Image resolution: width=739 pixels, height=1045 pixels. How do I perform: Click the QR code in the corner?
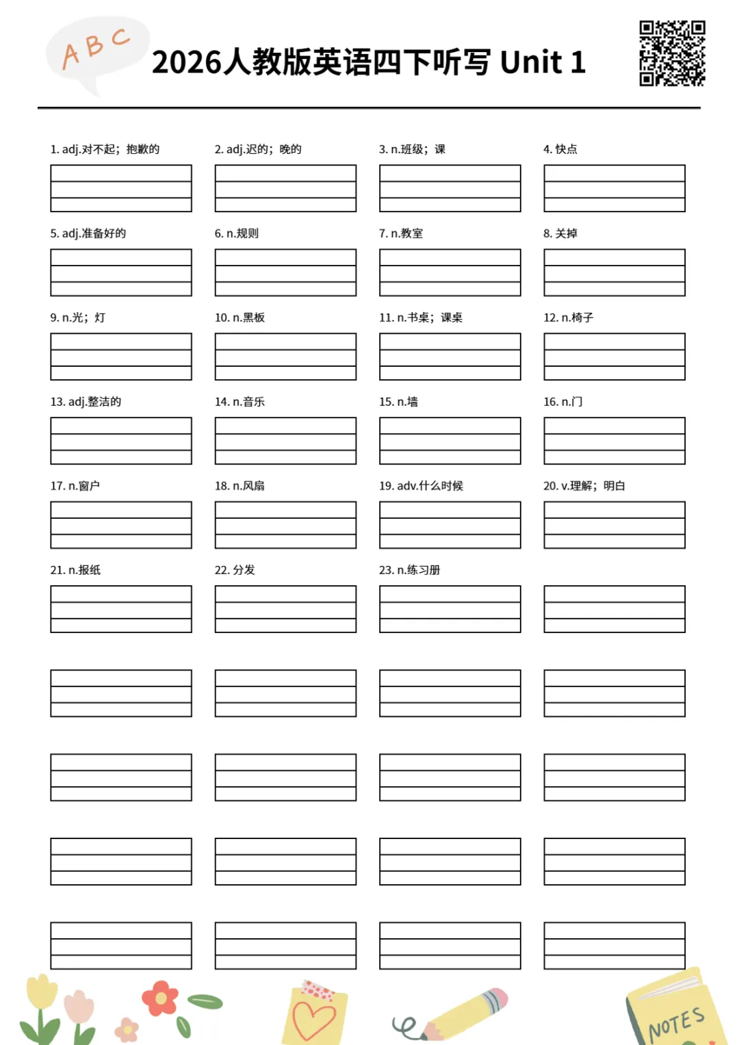tap(672, 53)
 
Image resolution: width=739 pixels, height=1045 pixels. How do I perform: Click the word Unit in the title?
tap(531, 62)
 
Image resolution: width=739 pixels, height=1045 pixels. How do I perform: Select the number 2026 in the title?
tap(186, 62)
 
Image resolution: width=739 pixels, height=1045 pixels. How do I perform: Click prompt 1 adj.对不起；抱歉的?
tap(105, 149)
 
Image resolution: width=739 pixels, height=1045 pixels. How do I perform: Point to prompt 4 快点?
tap(560, 149)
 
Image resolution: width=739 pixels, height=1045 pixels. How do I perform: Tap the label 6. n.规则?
tap(237, 233)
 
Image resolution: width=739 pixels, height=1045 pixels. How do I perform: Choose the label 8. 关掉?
tap(560, 233)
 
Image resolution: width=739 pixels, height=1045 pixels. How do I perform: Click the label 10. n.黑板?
tap(239, 318)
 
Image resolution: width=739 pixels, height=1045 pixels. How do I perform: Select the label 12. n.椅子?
tap(568, 318)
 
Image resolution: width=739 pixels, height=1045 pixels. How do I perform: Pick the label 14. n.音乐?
tap(239, 402)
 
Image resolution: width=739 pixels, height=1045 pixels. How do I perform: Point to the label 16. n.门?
tap(562, 402)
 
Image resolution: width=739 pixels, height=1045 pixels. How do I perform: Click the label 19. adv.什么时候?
tap(421, 486)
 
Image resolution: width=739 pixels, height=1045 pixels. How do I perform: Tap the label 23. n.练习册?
tap(409, 570)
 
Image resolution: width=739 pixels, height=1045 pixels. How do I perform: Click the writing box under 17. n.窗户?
tap(121, 525)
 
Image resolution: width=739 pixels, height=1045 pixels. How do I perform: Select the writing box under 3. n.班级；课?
tap(450, 188)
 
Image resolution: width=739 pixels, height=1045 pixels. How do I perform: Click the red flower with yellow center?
tap(160, 998)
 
